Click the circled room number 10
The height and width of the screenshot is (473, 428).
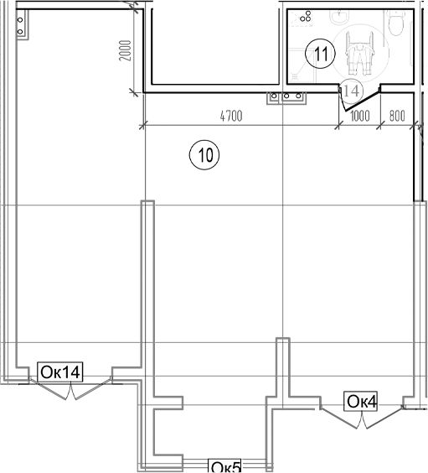(204, 155)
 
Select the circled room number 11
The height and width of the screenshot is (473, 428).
(320, 54)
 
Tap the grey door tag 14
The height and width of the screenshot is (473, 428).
(352, 91)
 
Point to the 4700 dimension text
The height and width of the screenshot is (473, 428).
(231, 116)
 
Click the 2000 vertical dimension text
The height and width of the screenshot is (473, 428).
(126, 50)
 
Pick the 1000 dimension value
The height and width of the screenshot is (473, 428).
(360, 116)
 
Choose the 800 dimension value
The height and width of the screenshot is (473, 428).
(397, 116)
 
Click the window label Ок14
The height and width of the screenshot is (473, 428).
(60, 372)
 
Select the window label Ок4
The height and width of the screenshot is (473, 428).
(361, 401)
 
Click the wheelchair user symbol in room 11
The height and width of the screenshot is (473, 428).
(359, 54)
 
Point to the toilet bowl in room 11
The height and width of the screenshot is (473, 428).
(396, 23)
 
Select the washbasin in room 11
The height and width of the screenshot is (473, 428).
(340, 18)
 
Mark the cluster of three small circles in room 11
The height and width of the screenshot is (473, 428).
(306, 17)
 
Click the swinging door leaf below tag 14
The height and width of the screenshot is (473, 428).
(360, 101)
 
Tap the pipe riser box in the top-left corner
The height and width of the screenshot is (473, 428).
(23, 25)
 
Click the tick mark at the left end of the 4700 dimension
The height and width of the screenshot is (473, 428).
(142, 125)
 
